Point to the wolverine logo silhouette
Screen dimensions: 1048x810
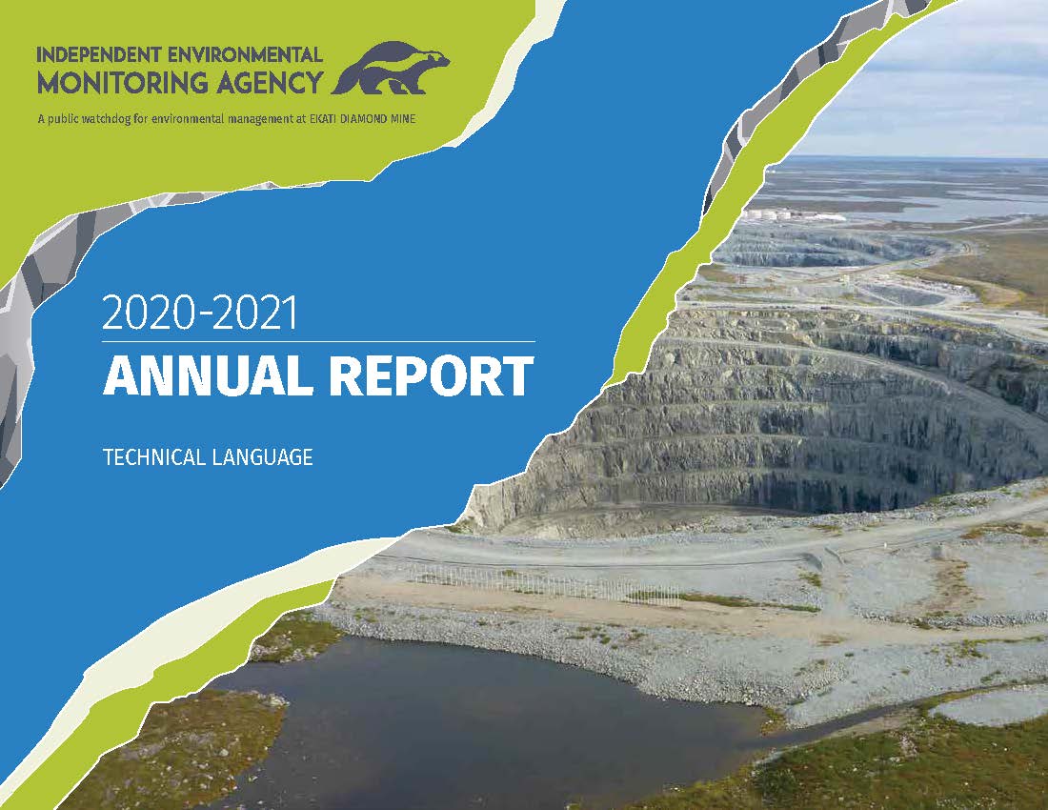(x=391, y=69)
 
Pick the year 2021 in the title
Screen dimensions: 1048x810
(x=254, y=313)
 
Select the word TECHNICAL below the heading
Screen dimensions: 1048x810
(x=153, y=457)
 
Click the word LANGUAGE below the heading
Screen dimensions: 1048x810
(x=262, y=457)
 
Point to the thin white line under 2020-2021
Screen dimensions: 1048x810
(x=319, y=341)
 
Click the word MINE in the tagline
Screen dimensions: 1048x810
(x=402, y=120)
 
